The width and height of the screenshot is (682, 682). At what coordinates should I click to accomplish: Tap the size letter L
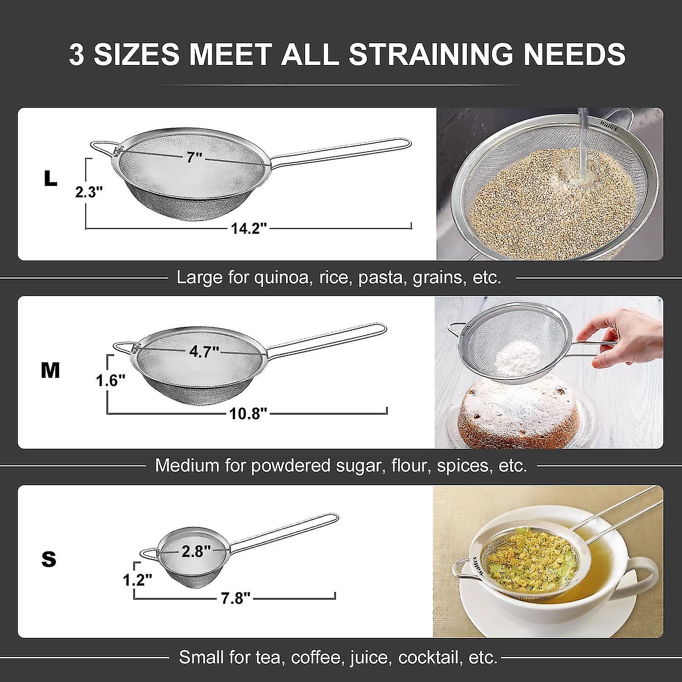point(50,179)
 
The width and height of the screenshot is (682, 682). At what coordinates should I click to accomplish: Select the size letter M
point(50,371)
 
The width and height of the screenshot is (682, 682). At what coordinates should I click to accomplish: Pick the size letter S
point(49,559)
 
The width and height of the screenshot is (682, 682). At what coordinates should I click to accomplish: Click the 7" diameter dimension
point(195,157)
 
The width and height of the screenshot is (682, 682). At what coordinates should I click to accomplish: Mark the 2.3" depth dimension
point(86,192)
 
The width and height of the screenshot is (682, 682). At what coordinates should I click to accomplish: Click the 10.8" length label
point(248,414)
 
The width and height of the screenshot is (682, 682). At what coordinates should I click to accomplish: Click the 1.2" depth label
point(137,580)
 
